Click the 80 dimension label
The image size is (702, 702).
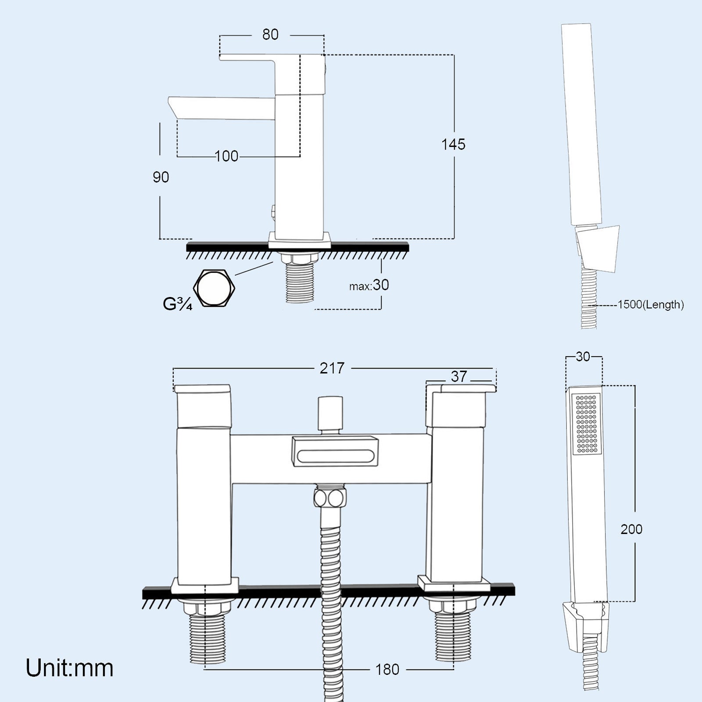click(x=270, y=35)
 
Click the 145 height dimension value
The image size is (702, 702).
click(x=453, y=144)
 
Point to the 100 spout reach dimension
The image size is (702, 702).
click(x=227, y=156)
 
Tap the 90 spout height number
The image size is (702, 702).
click(x=161, y=177)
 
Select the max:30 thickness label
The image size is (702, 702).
click(x=369, y=286)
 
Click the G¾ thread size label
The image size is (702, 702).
click(x=177, y=304)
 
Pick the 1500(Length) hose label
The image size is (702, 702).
click(x=651, y=304)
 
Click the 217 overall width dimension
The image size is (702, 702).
click(x=332, y=369)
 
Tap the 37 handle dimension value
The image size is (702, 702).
click(x=459, y=376)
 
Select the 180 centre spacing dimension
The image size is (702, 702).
click(x=387, y=670)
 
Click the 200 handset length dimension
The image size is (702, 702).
click(x=631, y=530)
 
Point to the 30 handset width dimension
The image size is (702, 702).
click(x=583, y=357)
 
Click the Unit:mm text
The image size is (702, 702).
click(x=70, y=668)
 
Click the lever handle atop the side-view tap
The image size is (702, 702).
click(x=259, y=58)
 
